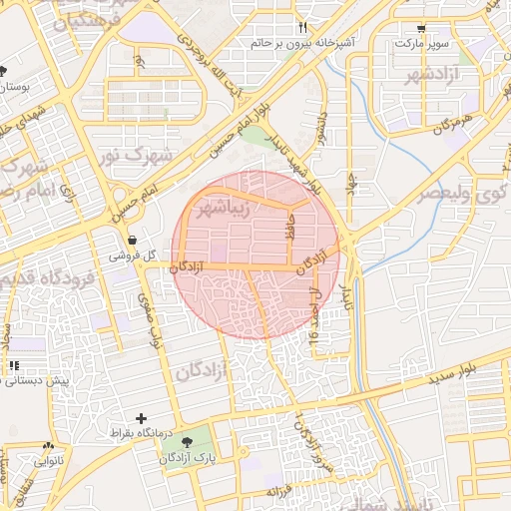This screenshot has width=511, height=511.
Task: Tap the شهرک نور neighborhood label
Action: click(139, 155)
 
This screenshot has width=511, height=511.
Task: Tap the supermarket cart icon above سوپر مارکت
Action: click(422, 29)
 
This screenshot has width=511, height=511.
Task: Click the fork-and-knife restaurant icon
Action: click(303, 28)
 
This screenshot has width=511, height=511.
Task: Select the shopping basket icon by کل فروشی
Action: click(132, 239)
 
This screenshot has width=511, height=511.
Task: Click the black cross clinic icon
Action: click(141, 418)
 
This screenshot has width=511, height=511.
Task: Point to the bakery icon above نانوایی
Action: click(47, 446)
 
